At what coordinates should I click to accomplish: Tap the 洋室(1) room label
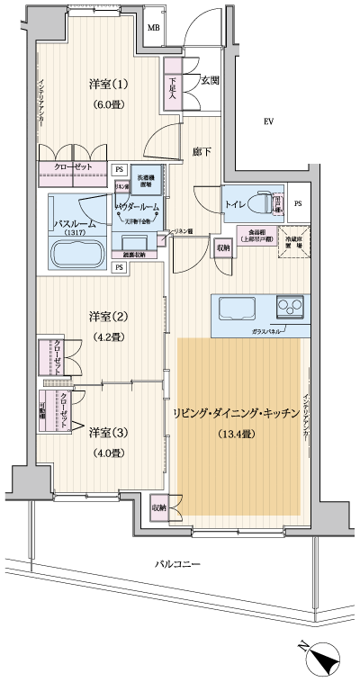click(x=109, y=85)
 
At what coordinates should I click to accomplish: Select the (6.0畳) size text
click(x=109, y=104)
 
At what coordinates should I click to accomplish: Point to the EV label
click(x=268, y=121)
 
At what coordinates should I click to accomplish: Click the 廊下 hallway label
click(x=202, y=152)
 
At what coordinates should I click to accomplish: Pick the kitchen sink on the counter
click(x=237, y=310)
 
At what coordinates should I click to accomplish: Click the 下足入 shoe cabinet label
click(x=172, y=86)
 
